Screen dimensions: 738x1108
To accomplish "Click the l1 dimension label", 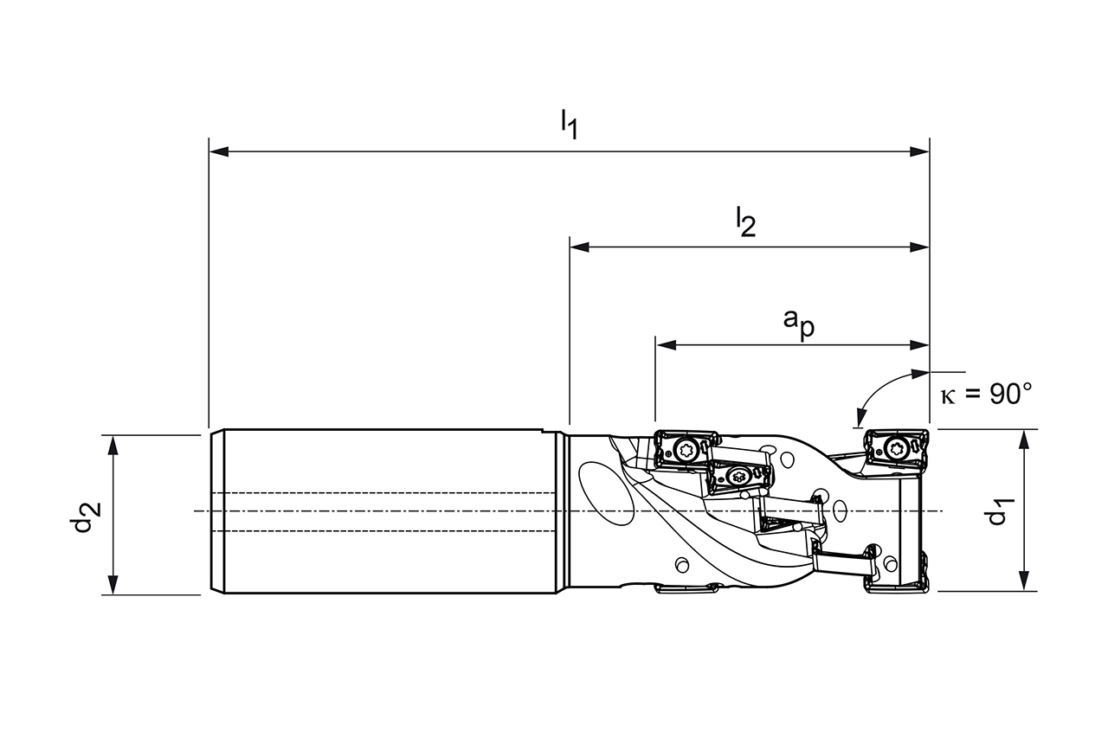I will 569,124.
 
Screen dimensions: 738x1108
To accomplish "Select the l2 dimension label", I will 745,222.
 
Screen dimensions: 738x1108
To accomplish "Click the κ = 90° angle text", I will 986,395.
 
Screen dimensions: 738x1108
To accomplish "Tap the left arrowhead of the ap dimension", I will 665,344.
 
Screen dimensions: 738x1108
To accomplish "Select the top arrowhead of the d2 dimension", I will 113,444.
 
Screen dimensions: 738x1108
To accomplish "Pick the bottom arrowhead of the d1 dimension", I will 1025,581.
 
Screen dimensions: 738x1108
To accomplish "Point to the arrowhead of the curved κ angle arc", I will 859,419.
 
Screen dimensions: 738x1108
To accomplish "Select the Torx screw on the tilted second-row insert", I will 738,475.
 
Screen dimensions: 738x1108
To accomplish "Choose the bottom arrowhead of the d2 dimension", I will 113,586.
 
